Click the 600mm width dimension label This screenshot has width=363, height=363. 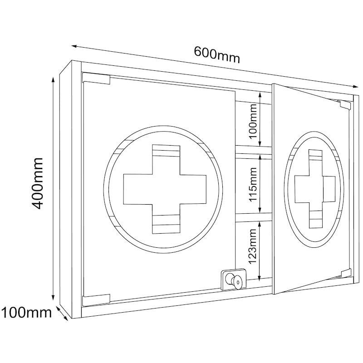coord(217,54)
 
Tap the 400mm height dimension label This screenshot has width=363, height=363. coord(37,184)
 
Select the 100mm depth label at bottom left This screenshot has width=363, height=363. coord(26,312)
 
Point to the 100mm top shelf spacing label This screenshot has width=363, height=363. coord(253,121)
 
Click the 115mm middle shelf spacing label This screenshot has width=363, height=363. coord(253,184)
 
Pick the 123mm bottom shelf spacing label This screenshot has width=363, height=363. coord(253,246)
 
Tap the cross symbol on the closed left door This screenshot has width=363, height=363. coord(165,189)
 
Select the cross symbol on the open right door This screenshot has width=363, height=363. coord(315,189)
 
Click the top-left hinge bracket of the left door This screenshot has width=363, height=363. coord(96,78)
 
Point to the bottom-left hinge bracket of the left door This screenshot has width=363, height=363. coord(96,299)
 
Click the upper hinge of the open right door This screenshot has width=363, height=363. coord(345,104)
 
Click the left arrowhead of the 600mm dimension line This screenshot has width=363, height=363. coord(74,46)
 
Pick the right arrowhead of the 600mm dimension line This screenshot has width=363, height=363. coord(355,87)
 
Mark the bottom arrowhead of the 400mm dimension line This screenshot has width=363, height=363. coord(53,298)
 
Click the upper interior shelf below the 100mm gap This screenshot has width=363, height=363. coord(254,150)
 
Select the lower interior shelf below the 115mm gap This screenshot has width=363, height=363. coord(254,217)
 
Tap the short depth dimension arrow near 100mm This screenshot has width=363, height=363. coord(62,314)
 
